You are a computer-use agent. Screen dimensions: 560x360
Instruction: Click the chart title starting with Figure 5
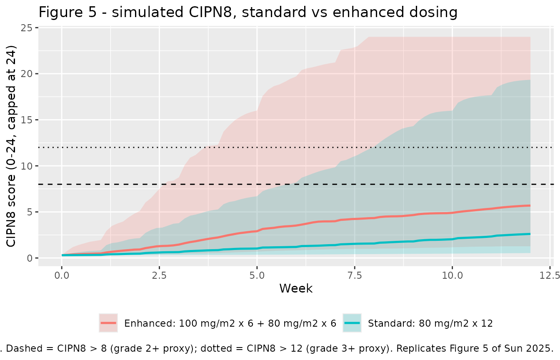pyautogui.click(x=248, y=12)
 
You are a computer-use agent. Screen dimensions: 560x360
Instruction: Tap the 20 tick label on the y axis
pyautogui.click(x=27, y=74)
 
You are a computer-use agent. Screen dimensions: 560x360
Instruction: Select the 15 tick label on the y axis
pyautogui.click(x=27, y=120)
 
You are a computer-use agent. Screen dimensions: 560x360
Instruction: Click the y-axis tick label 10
pyautogui.click(x=27, y=166)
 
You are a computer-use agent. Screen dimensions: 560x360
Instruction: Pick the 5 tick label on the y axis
pyautogui.click(x=30, y=212)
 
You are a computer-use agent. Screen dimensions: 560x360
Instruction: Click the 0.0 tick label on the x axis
pyautogui.click(x=62, y=275)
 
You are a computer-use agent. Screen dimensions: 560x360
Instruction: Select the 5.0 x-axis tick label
pyautogui.click(x=257, y=275)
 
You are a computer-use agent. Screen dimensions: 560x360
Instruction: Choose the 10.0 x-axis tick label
pyautogui.click(x=452, y=275)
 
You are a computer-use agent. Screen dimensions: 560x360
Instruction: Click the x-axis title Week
pyautogui.click(x=296, y=288)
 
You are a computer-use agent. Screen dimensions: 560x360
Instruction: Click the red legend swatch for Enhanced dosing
pyautogui.click(x=108, y=323)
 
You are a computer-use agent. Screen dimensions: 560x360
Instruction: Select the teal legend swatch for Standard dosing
pyautogui.click(x=352, y=323)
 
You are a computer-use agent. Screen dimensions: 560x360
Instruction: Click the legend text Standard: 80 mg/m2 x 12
pyautogui.click(x=430, y=323)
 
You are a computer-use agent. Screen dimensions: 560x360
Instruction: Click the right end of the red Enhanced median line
pyautogui.click(x=530, y=206)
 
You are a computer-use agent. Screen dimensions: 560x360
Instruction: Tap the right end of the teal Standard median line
pyautogui.click(x=530, y=234)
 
